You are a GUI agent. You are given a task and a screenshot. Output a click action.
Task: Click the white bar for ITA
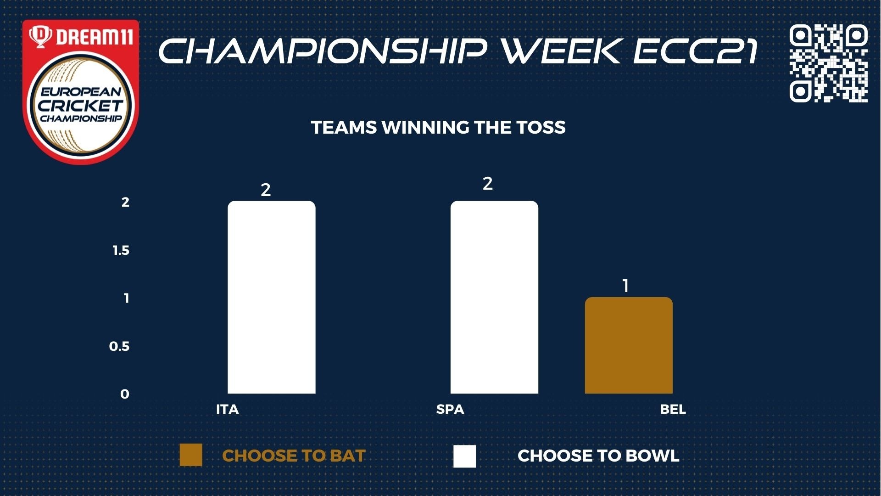[272, 297]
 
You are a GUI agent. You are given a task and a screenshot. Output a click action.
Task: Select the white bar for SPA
[494, 297]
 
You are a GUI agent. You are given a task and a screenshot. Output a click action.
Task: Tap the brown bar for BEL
[629, 345]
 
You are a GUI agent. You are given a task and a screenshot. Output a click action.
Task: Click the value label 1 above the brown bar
[625, 286]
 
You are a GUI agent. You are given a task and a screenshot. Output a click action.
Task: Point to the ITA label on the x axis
[228, 409]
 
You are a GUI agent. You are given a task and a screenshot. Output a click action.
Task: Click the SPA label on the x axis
[450, 409]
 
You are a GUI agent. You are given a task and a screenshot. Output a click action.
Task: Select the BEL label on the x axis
[673, 409]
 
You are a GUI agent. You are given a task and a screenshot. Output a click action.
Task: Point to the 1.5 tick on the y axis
[121, 250]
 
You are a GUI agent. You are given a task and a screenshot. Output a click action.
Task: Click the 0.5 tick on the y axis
[119, 346]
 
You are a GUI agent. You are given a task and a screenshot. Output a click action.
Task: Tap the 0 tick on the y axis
[125, 394]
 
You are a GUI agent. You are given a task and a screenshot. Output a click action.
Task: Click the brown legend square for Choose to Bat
[191, 455]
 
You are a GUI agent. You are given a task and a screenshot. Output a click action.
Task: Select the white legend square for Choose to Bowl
[465, 456]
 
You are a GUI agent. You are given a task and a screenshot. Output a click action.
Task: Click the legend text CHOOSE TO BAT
[294, 456]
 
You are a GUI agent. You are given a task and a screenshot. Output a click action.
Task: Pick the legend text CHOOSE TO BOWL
[598, 456]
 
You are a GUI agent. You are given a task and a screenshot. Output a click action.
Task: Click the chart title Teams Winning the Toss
[438, 127]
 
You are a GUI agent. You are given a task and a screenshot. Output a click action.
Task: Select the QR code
[829, 63]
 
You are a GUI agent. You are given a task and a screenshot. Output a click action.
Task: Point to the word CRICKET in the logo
[81, 105]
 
